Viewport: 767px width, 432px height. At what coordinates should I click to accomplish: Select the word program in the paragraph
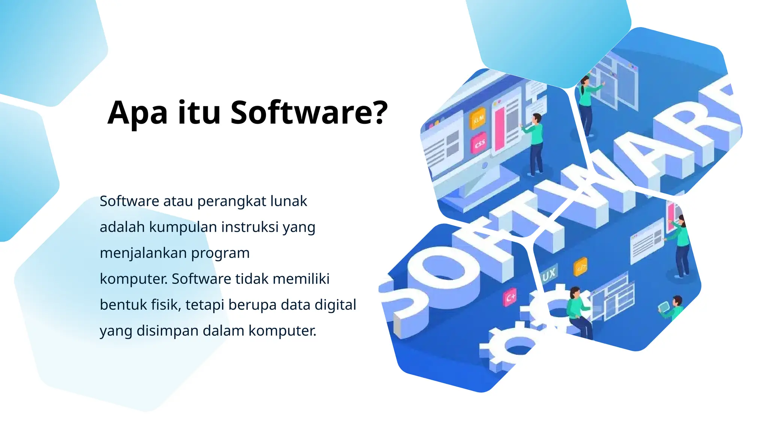pos(220,253)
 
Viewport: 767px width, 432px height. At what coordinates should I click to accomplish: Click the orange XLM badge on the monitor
pos(478,119)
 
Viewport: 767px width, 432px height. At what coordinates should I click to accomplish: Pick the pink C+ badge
pos(510,298)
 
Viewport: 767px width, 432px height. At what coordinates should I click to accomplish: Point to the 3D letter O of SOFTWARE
pos(442,270)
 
